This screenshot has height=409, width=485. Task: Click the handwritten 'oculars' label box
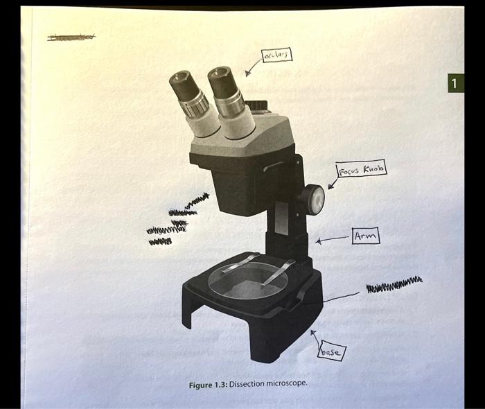tap(276, 55)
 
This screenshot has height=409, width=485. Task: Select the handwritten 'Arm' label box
tap(365, 236)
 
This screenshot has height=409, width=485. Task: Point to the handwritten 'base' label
tap(330, 353)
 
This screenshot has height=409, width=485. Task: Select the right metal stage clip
tap(279, 270)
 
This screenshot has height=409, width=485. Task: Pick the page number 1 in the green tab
tap(453, 84)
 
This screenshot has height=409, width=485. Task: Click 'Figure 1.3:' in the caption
tap(208, 384)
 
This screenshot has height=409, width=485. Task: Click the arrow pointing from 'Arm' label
tap(333, 240)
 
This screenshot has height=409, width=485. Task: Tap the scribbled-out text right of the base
tap(393, 284)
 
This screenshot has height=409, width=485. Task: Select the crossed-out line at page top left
tap(71, 37)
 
